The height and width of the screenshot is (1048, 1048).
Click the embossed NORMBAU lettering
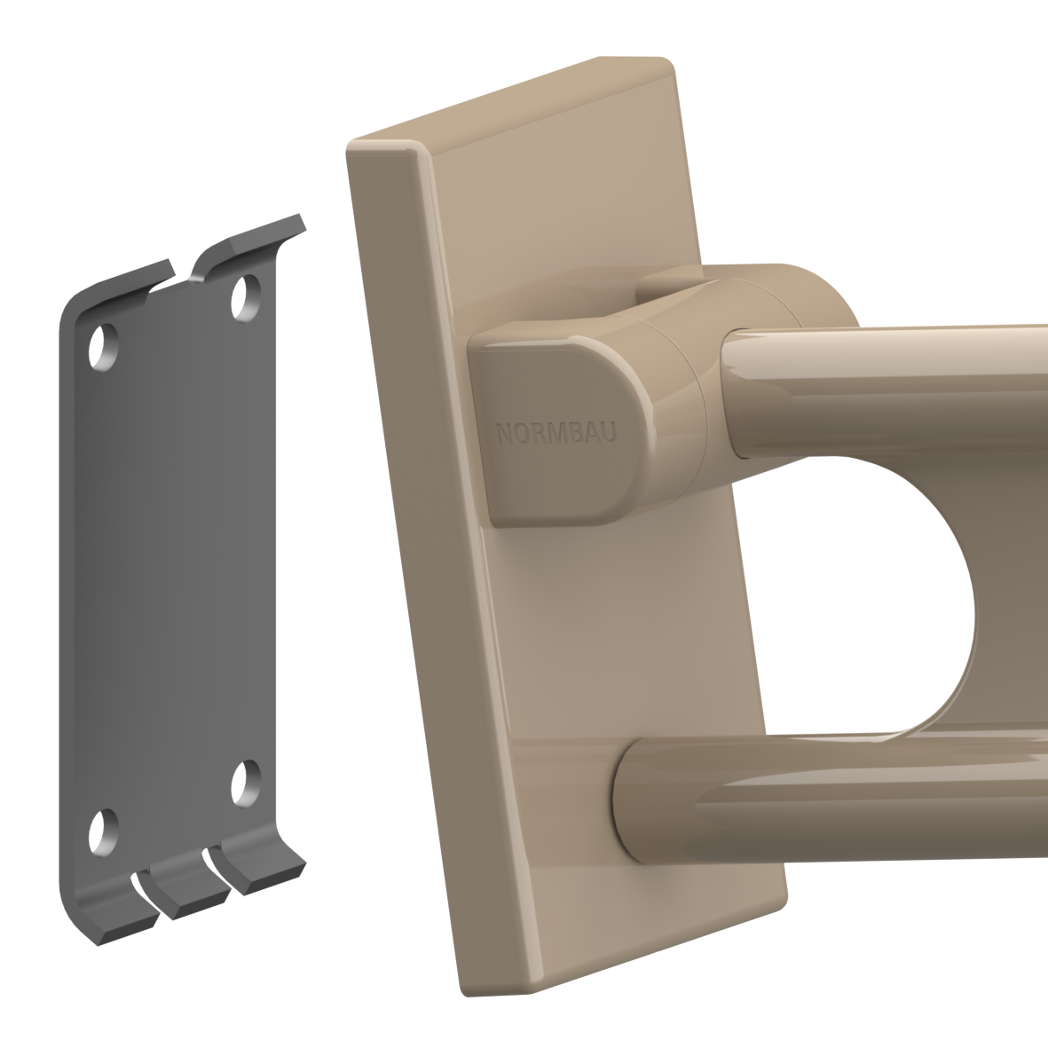pos(556,433)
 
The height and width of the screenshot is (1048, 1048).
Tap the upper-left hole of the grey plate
pos(104,347)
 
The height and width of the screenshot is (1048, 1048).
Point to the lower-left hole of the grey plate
pos(104,832)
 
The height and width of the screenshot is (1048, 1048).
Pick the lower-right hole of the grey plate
pos(246,783)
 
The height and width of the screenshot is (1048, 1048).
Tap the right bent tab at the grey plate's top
pos(250,244)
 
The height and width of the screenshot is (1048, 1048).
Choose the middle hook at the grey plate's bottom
pos(188,886)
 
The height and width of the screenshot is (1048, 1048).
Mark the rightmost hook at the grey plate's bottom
pos(262,863)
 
